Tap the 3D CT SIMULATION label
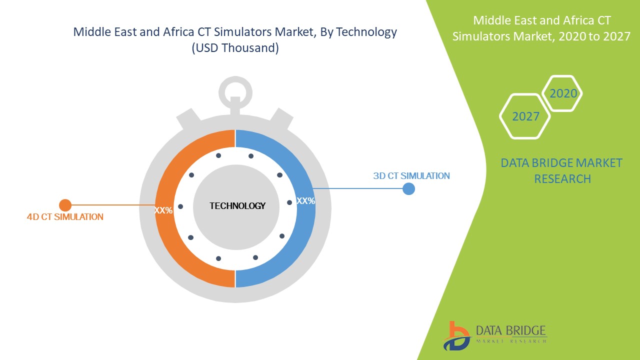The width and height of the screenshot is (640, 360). click(x=411, y=175)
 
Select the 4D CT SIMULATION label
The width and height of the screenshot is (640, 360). click(x=65, y=217)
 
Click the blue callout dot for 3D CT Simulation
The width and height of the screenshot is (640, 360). click(x=408, y=189)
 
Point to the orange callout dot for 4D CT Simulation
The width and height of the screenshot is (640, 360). click(x=65, y=205)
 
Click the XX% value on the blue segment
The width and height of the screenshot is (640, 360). click(x=305, y=201)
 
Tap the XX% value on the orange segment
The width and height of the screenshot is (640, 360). click(x=163, y=210)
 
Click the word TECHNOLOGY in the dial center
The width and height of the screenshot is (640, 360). click(x=237, y=206)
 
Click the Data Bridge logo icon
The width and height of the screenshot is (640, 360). click(x=457, y=336)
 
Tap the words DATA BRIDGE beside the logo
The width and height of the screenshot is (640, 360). click(x=511, y=330)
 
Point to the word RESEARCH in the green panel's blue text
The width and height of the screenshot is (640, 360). click(x=562, y=179)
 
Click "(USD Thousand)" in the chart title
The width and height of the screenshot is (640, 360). click(x=235, y=48)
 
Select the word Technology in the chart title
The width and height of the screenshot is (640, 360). click(x=366, y=32)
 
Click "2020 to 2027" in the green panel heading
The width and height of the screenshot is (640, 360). click(x=594, y=36)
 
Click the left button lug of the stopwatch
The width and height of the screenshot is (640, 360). click(x=188, y=118)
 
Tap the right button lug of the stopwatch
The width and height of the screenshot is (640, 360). click(x=281, y=118)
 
